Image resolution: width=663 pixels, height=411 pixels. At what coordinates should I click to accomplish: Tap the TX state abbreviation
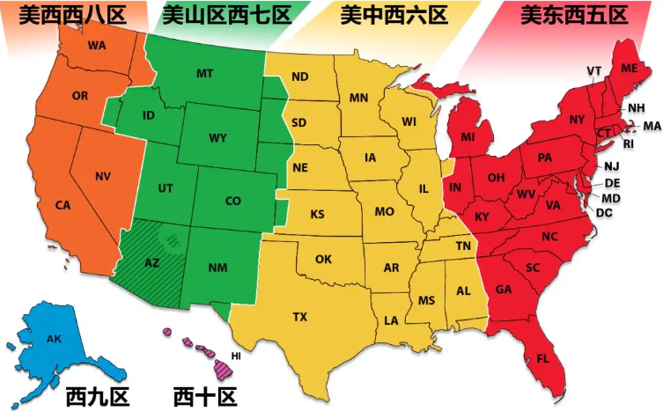pyautogui.click(x=300, y=316)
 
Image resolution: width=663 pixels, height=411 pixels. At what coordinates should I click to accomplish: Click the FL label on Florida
pyautogui.click(x=542, y=357)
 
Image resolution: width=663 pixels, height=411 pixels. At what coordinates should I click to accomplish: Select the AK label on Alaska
pyautogui.click(x=54, y=338)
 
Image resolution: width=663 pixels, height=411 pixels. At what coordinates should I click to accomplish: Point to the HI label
pyautogui.click(x=236, y=356)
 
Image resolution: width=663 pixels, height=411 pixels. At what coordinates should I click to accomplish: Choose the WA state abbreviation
pyautogui.click(x=97, y=45)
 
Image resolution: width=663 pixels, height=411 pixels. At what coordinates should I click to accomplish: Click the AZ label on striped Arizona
pyautogui.click(x=151, y=263)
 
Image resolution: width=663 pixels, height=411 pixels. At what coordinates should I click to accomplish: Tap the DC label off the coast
pyautogui.click(x=604, y=213)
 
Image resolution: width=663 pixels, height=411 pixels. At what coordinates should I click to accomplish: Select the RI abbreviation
pyautogui.click(x=628, y=143)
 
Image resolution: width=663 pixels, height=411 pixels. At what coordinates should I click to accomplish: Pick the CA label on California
pyautogui.click(x=63, y=205)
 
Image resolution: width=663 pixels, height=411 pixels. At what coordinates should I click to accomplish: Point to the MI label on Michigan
pyautogui.click(x=468, y=138)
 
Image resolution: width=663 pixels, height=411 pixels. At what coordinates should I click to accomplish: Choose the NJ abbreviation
pyautogui.click(x=611, y=166)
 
